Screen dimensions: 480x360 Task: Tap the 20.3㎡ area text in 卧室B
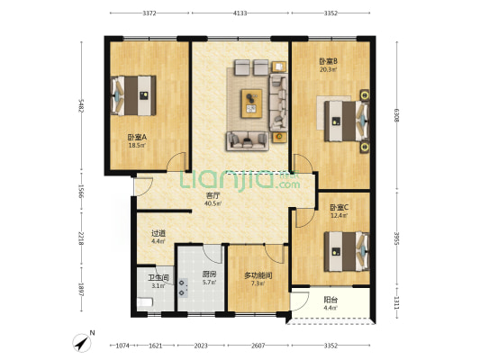(329, 69)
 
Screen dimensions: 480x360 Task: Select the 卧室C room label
(339, 207)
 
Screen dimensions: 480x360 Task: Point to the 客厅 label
(213, 195)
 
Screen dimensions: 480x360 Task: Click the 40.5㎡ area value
(213, 202)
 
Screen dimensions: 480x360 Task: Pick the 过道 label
(158, 233)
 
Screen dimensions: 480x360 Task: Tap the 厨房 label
(209, 274)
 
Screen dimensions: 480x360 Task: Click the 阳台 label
(331, 300)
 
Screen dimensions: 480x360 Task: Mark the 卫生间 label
(158, 278)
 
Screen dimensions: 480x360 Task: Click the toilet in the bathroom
(145, 302)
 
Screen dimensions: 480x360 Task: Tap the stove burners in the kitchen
(183, 288)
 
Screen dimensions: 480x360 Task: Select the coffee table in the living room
(251, 103)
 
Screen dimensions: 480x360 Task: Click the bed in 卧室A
(133, 95)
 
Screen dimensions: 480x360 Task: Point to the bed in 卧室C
(347, 251)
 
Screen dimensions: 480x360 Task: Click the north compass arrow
(82, 343)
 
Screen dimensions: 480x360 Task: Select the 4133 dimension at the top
(240, 13)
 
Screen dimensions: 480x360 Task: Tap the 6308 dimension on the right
(397, 115)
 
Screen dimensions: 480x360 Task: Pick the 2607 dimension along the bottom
(258, 346)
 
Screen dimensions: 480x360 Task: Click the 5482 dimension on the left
(81, 105)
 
